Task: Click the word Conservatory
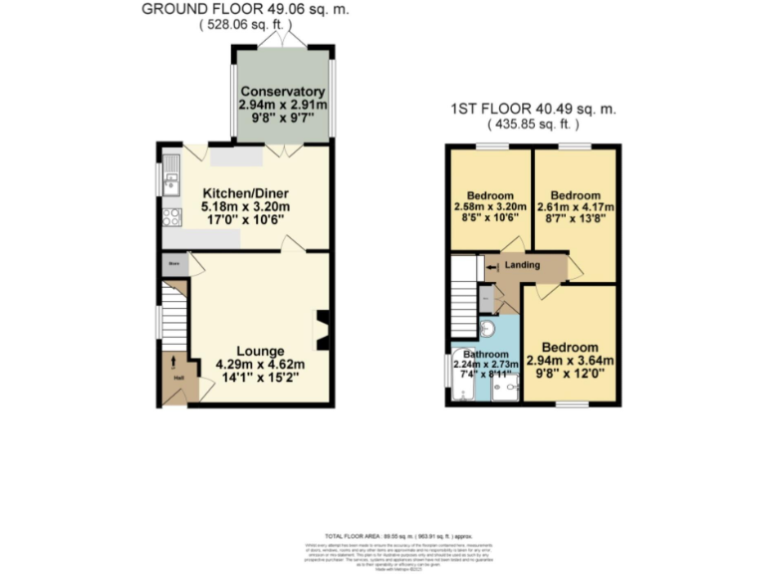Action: pos(282,92)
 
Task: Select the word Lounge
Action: pos(261,351)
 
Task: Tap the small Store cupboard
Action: pos(175,264)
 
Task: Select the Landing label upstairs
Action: pos(523,265)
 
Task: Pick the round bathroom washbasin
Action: pos(487,329)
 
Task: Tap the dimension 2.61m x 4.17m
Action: pos(576,207)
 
